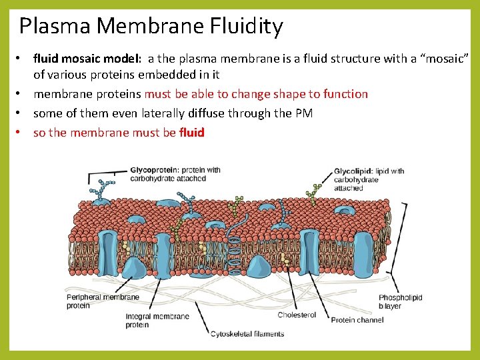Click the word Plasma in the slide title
55,27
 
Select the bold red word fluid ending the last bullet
192,133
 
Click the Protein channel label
357,320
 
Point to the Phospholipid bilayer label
400,302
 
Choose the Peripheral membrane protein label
103,301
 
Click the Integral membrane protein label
157,321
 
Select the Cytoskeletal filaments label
247,334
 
